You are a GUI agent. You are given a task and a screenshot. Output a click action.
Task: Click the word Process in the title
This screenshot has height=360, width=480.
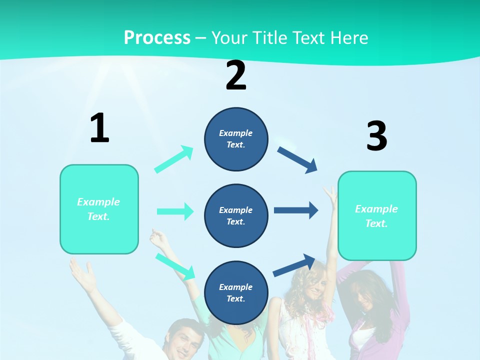(x=157, y=37)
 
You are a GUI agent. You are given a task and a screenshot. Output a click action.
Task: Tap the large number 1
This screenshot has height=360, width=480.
(x=99, y=128)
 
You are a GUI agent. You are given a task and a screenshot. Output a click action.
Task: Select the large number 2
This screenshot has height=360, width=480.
(x=236, y=75)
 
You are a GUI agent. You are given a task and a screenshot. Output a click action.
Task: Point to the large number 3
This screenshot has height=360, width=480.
(x=376, y=136)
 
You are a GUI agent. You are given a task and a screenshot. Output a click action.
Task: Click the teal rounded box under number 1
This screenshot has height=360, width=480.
(x=99, y=209)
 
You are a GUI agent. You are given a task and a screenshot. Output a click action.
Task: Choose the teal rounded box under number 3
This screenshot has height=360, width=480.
(x=377, y=215)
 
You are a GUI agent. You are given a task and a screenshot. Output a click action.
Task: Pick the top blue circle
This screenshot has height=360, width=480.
(x=236, y=139)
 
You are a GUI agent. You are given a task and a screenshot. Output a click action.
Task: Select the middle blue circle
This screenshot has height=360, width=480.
(x=236, y=215)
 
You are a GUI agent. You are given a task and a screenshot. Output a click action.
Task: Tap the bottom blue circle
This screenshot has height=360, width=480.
(x=236, y=292)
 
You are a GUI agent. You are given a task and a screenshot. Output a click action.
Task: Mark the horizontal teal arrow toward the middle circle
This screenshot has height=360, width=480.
(x=175, y=211)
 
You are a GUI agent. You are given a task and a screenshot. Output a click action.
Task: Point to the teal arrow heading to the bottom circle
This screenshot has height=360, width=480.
(x=175, y=266)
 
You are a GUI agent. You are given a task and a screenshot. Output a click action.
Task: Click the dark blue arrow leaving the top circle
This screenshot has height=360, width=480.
(x=297, y=160)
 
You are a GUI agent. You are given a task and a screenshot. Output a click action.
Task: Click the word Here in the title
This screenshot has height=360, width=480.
(x=348, y=37)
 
